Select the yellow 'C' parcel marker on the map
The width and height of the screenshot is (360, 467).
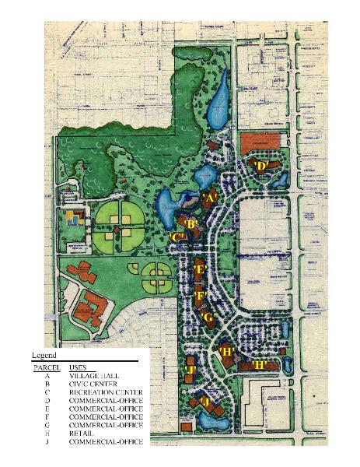pyautogui.click(x=177, y=237)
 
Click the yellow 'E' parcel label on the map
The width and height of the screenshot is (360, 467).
pyautogui.click(x=200, y=270)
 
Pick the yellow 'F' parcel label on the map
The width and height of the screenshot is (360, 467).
pyautogui.click(x=200, y=296)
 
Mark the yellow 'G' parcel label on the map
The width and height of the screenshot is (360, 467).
pyautogui.click(x=208, y=317)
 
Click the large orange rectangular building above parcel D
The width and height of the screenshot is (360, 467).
pyautogui.click(x=257, y=143)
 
